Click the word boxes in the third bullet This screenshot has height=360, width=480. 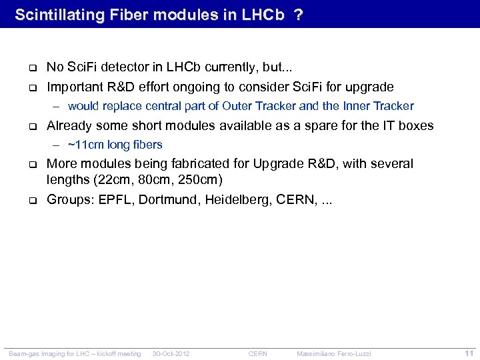click(417, 125)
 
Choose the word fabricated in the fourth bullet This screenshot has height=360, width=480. click(223, 164)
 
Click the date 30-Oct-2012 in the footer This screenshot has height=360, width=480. click(171, 353)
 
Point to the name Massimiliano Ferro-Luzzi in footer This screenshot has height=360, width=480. click(334, 353)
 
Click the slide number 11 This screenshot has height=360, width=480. click(469, 353)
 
